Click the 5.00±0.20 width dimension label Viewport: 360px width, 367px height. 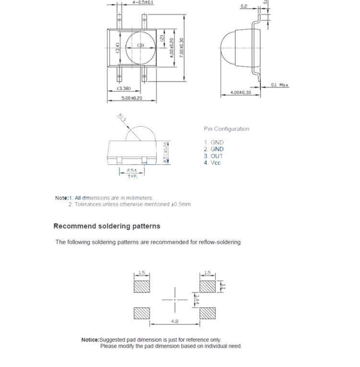(x=132, y=98)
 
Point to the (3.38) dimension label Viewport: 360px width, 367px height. (x=124, y=88)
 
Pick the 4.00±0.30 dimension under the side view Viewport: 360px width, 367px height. (x=240, y=93)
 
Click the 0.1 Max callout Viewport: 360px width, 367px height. (x=280, y=85)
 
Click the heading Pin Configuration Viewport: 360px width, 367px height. (x=227, y=129)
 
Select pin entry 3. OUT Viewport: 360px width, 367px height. (x=214, y=156)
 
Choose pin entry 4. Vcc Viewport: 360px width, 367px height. (x=212, y=163)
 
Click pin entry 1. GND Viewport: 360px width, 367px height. (x=214, y=142)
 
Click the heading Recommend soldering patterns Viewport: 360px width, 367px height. (x=107, y=226)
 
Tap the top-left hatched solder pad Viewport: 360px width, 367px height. (x=142, y=286)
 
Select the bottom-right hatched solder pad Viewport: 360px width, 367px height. (x=207, y=313)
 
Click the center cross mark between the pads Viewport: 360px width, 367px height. (x=175, y=300)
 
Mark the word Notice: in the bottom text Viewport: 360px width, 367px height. (x=90, y=340)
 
